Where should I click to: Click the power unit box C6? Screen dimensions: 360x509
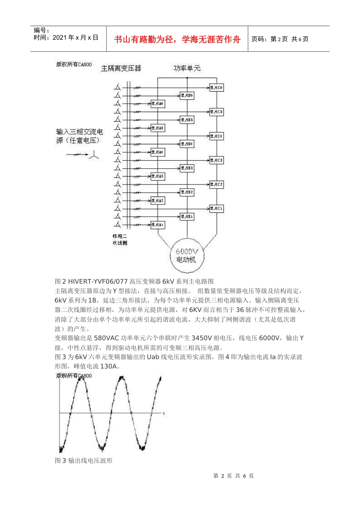[216, 88]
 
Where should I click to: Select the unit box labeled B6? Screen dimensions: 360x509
[187, 95]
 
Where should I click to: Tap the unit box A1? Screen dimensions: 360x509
[158, 225]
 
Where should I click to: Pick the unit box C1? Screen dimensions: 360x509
[216, 208]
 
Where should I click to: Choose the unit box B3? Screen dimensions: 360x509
[187, 168]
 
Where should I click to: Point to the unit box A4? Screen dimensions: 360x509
[158, 152]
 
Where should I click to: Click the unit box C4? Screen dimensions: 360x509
[216, 136]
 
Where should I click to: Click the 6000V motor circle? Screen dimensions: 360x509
[187, 256]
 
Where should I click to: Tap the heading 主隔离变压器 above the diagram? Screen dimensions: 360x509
[121, 69]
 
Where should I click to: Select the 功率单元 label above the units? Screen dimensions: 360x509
[187, 69]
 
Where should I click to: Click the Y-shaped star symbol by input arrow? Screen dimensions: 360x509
[94, 155]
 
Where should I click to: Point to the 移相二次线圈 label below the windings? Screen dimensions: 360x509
[120, 239]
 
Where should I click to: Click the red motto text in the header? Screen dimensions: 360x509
[177, 39]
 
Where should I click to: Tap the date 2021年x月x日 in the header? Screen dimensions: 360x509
[75, 37]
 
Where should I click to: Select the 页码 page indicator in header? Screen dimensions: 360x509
[280, 39]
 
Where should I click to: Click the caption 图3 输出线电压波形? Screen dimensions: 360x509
[84, 461]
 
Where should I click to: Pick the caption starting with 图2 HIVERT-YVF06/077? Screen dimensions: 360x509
[134, 281]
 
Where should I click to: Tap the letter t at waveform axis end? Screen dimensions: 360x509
[164, 414]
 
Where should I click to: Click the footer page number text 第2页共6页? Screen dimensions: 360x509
[233, 476]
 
